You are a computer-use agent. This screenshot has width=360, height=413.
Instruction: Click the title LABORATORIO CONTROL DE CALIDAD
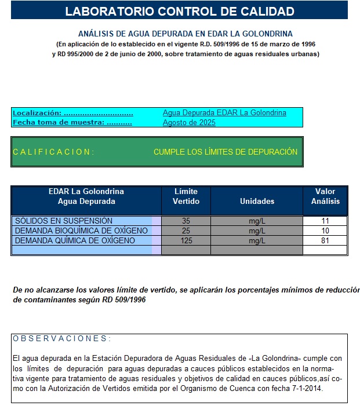pyautogui.click(x=179, y=11)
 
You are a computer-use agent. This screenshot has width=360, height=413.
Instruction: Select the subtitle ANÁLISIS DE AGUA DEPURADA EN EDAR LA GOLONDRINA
pyautogui.click(x=186, y=34)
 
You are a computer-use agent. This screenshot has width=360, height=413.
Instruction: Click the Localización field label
pyautogui.click(x=72, y=113)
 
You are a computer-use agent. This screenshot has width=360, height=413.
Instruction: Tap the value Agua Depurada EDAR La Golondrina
pyautogui.click(x=224, y=113)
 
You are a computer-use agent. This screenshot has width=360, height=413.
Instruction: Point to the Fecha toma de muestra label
pyautogui.click(x=72, y=122)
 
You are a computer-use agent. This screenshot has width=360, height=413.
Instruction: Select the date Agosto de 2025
pyautogui.click(x=189, y=122)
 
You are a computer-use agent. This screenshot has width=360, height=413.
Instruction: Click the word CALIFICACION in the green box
pyautogui.click(x=53, y=152)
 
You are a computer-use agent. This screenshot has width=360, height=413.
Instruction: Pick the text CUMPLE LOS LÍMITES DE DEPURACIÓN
pyautogui.click(x=226, y=152)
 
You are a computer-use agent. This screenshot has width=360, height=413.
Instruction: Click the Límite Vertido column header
pyautogui.click(x=186, y=196)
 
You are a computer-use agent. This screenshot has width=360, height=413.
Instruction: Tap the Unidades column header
pyautogui.click(x=257, y=201)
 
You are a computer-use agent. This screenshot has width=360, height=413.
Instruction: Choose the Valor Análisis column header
pyautogui.click(x=325, y=196)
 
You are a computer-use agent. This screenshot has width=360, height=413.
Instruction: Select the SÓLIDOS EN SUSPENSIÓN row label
pyautogui.click(x=64, y=221)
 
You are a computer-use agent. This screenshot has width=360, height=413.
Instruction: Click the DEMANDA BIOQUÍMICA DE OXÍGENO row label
pyautogui.click(x=81, y=231)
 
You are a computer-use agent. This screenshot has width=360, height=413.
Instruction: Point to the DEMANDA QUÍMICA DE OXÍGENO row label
pyautogui.click(x=75, y=240)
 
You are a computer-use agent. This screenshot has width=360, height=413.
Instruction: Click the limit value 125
pyautogui.click(x=186, y=240)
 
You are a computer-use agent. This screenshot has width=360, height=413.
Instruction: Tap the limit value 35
pyautogui.click(x=186, y=221)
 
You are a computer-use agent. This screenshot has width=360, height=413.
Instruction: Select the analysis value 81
pyautogui.click(x=325, y=240)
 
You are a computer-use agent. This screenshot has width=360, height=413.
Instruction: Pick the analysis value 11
pyautogui.click(x=325, y=221)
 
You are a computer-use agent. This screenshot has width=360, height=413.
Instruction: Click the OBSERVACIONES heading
pyautogui.click(x=61, y=338)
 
